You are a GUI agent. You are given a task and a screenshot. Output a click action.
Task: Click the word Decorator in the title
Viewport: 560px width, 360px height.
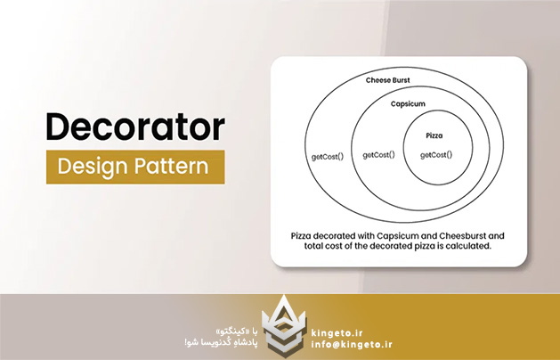(x=134, y=127)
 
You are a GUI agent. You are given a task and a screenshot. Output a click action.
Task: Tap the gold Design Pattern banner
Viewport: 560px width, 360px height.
(x=135, y=167)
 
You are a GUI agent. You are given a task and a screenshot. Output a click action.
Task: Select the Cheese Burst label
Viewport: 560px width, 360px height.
(x=388, y=81)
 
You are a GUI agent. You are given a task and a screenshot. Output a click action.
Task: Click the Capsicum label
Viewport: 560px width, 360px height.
(x=411, y=104)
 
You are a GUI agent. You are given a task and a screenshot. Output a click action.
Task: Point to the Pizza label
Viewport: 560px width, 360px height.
(x=435, y=135)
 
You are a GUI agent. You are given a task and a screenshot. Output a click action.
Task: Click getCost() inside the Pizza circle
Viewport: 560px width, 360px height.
(x=435, y=155)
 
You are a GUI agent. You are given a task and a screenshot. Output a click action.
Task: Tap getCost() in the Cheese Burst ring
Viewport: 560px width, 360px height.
(x=327, y=157)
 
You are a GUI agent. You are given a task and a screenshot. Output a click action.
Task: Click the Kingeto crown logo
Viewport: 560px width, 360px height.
(x=280, y=323)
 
